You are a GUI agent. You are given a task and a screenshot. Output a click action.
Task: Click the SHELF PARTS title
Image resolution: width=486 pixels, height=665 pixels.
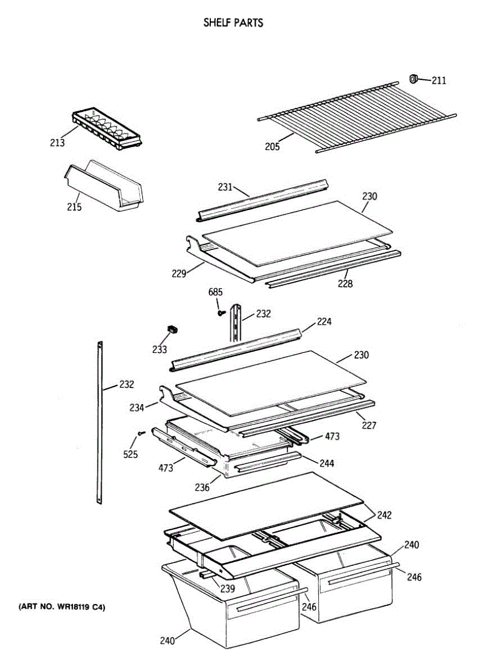click(232, 23)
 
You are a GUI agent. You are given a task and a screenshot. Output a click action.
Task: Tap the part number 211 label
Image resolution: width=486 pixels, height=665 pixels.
click(439, 81)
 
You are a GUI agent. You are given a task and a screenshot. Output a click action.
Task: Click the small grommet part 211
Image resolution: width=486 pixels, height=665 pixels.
click(413, 79)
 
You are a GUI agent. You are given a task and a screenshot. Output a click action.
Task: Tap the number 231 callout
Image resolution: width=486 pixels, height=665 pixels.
click(225, 187)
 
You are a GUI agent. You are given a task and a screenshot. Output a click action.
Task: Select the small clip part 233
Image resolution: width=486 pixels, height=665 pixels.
click(174, 330)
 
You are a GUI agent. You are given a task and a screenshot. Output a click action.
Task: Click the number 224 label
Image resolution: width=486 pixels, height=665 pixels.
click(324, 322)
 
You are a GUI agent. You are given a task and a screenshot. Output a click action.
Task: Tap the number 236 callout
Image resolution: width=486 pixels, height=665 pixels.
click(202, 488)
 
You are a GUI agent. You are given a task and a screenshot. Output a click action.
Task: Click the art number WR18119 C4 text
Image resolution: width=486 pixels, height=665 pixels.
click(61, 607)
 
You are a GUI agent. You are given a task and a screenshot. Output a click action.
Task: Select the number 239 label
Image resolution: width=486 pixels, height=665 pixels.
click(226, 589)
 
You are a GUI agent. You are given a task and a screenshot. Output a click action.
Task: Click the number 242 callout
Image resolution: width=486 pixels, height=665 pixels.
click(384, 515)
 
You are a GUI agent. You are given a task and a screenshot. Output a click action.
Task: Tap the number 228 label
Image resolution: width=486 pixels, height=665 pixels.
click(345, 284)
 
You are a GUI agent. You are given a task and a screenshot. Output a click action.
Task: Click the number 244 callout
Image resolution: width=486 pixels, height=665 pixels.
click(326, 463)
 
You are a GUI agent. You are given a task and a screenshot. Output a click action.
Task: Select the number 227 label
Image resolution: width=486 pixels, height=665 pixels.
click(369, 426)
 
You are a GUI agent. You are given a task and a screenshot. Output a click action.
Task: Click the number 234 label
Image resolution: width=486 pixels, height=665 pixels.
click(136, 408)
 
